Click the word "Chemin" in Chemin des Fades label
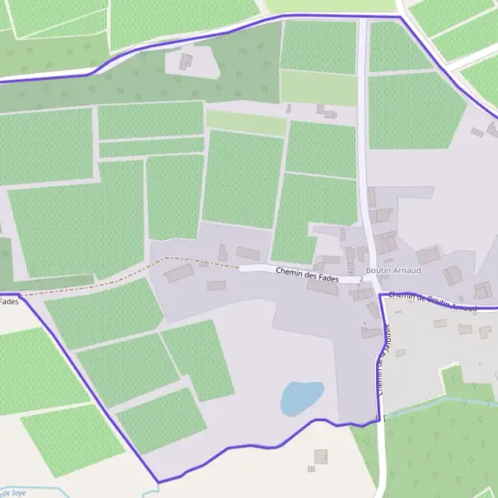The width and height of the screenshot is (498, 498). click(x=288, y=272)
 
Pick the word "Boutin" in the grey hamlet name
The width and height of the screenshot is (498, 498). click(x=378, y=270)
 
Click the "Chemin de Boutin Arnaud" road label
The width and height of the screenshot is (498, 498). click(x=432, y=300)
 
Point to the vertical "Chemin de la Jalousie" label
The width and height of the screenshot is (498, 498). click(x=383, y=357)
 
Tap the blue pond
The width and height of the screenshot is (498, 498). click(x=300, y=397)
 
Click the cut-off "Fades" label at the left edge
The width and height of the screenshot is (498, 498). click(x=8, y=301)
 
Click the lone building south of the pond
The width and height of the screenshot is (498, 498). click(x=320, y=456)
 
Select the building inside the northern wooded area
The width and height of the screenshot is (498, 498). click(x=186, y=61)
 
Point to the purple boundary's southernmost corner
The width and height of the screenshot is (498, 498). click(x=158, y=481)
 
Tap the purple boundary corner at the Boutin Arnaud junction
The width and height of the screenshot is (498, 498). click(x=381, y=295)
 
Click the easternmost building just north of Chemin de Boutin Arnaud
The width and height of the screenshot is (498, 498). click(x=482, y=290)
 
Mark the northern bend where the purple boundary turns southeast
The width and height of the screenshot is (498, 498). click(x=401, y=17)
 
